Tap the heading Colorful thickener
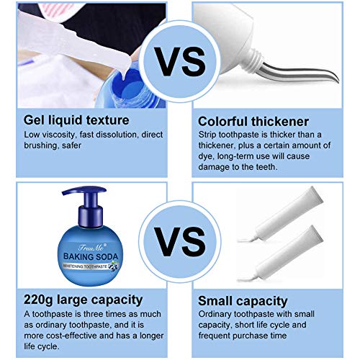coord(251,120)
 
